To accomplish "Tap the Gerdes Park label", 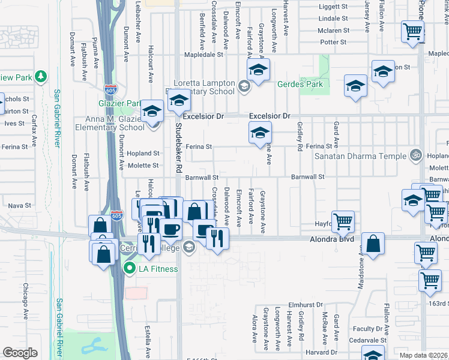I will click(x=300, y=84).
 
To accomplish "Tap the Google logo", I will click(x=20, y=353).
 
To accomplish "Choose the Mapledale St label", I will click(x=204, y=54).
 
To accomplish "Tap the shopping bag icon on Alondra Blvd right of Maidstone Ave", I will click(x=373, y=244).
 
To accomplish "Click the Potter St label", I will click(x=333, y=42).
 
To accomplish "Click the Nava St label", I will click(x=20, y=205).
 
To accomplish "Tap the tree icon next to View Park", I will click(x=40, y=77).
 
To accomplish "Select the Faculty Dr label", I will click(x=367, y=329).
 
